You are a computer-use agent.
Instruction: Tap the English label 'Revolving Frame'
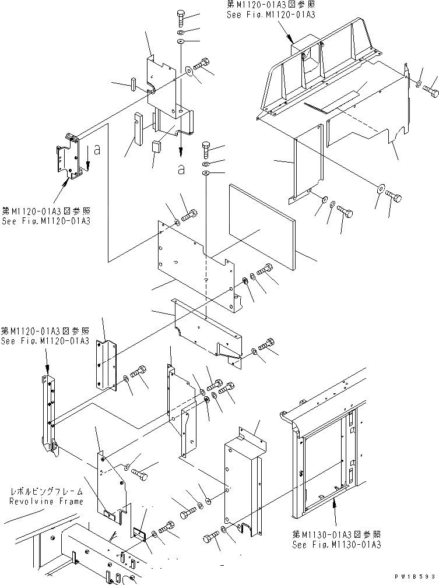point(45,501)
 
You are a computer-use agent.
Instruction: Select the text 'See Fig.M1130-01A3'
point(336,544)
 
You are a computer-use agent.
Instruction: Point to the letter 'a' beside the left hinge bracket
point(97,150)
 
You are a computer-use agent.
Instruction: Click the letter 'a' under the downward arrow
point(182,169)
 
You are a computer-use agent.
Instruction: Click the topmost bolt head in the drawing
point(181,17)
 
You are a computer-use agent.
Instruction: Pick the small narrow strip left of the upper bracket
point(133,84)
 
